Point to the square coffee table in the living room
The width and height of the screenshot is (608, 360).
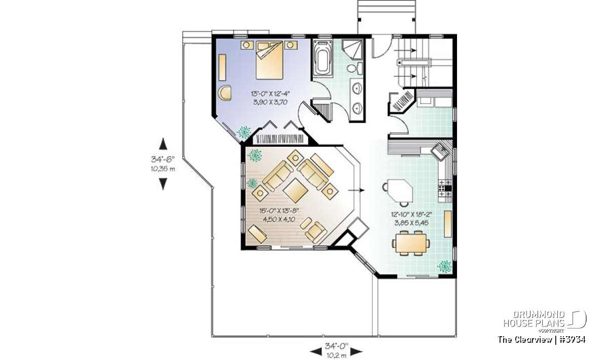pyautogui.click(x=295, y=191)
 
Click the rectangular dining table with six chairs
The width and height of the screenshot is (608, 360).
pyautogui.click(x=411, y=243)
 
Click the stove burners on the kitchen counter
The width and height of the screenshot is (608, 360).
pyautogui.click(x=445, y=188)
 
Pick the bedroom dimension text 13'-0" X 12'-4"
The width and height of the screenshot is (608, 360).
pyautogui.click(x=271, y=94)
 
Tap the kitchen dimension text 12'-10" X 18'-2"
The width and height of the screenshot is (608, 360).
pyautogui.click(x=411, y=215)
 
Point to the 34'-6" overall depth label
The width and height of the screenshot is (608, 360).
pyautogui.click(x=163, y=159)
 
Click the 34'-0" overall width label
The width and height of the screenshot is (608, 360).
pyautogui.click(x=336, y=346)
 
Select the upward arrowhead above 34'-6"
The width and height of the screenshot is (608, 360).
pyautogui.click(x=163, y=144)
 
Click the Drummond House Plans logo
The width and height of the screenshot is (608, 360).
pyautogui.click(x=545, y=322)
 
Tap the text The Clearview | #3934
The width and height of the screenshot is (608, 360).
pyautogui.click(x=542, y=340)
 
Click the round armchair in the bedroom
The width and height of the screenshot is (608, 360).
pyautogui.click(x=225, y=93)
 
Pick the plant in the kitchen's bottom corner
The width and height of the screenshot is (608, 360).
pyautogui.click(x=445, y=266)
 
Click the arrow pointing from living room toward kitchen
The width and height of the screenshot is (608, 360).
pyautogui.click(x=356, y=190)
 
